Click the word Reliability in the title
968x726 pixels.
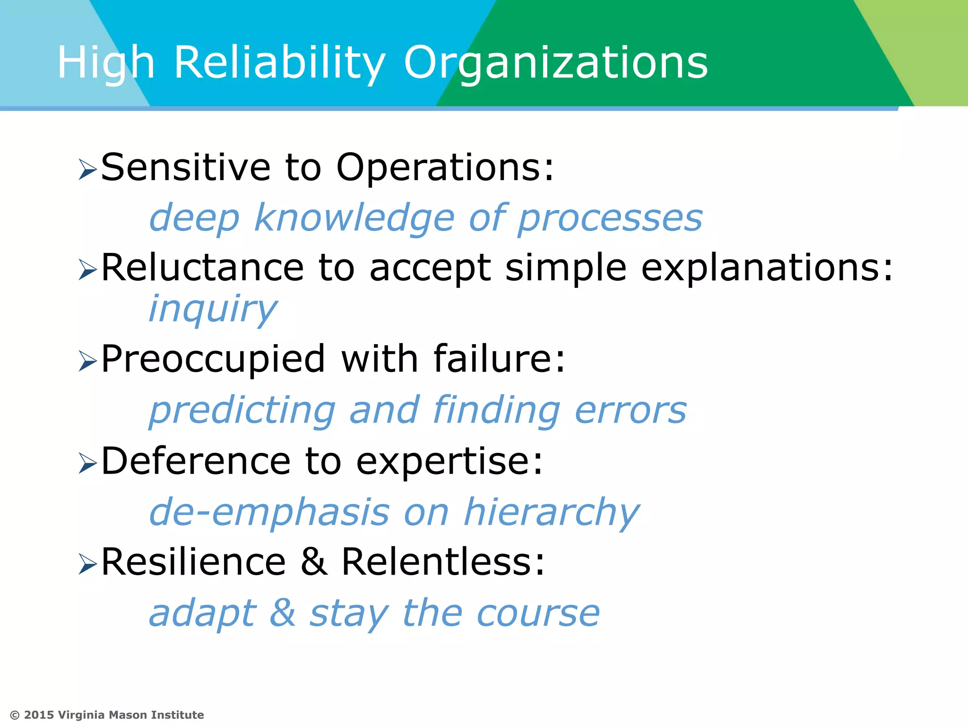click(x=279, y=63)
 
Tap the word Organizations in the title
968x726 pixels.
click(x=555, y=63)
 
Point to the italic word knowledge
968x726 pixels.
click(x=354, y=218)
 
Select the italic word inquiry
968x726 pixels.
click(x=213, y=309)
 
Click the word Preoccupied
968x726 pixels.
click(x=213, y=359)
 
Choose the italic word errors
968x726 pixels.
click(x=631, y=410)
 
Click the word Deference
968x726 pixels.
click(x=196, y=461)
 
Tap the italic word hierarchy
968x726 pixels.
click(x=552, y=512)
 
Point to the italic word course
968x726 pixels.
click(x=538, y=613)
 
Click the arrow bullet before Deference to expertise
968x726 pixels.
click(x=87, y=463)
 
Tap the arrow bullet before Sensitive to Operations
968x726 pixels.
click(x=87, y=169)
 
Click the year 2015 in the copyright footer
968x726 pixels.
click(x=39, y=715)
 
